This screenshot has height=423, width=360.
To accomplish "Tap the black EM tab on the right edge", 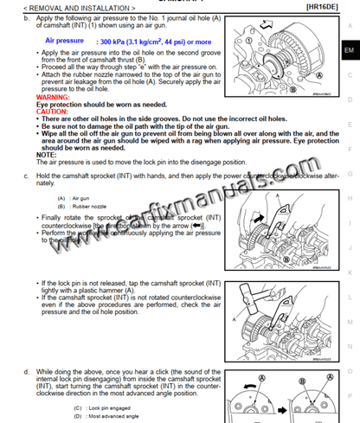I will pos(348,50).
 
